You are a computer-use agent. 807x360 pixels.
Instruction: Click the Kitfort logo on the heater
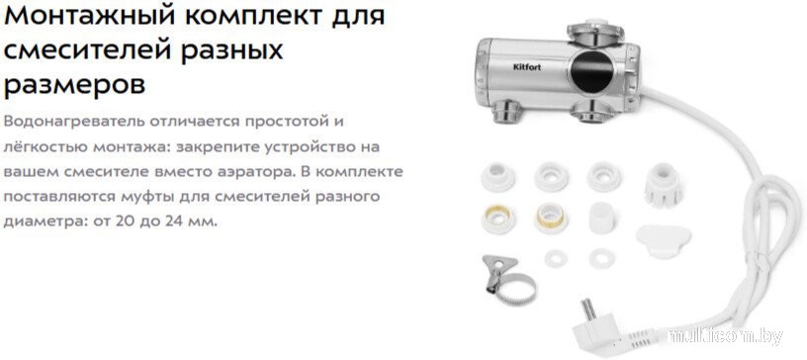[528, 66]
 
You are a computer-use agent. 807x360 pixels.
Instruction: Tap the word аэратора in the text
[267, 171]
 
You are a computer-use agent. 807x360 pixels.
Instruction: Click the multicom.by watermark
[725, 336]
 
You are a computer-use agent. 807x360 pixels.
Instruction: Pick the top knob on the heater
[595, 32]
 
